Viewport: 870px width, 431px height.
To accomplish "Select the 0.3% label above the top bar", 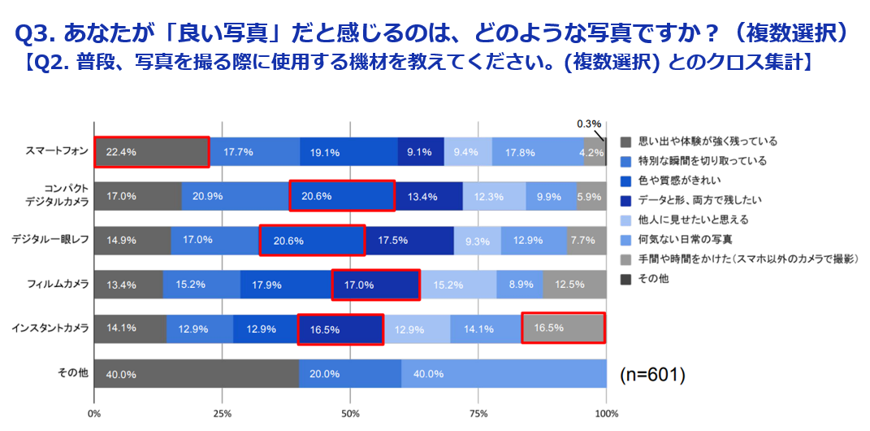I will point(589,124).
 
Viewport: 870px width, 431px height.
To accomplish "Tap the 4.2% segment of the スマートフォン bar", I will point(595,151).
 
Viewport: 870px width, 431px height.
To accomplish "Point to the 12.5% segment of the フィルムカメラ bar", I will point(574,285).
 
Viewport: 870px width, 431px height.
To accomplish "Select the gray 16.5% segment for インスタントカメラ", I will point(563,329).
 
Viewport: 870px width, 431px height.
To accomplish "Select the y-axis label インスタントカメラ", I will point(51,328).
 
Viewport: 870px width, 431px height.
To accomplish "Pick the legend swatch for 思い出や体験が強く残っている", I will point(625,141).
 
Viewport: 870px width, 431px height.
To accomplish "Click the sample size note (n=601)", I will point(652,375).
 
